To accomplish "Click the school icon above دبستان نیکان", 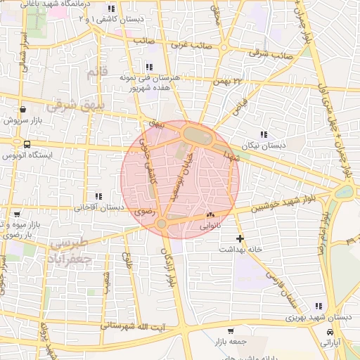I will pos(264,134).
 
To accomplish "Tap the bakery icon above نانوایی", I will pos(210,215).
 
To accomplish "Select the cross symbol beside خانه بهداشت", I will pos(240,238).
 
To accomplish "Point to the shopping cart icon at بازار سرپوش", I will pos(24,110).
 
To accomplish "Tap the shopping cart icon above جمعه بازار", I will pos(231,330).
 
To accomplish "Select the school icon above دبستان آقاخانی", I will pos(98,197).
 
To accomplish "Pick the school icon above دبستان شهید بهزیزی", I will pos(318,306).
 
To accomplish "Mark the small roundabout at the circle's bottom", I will pos(162,224).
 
